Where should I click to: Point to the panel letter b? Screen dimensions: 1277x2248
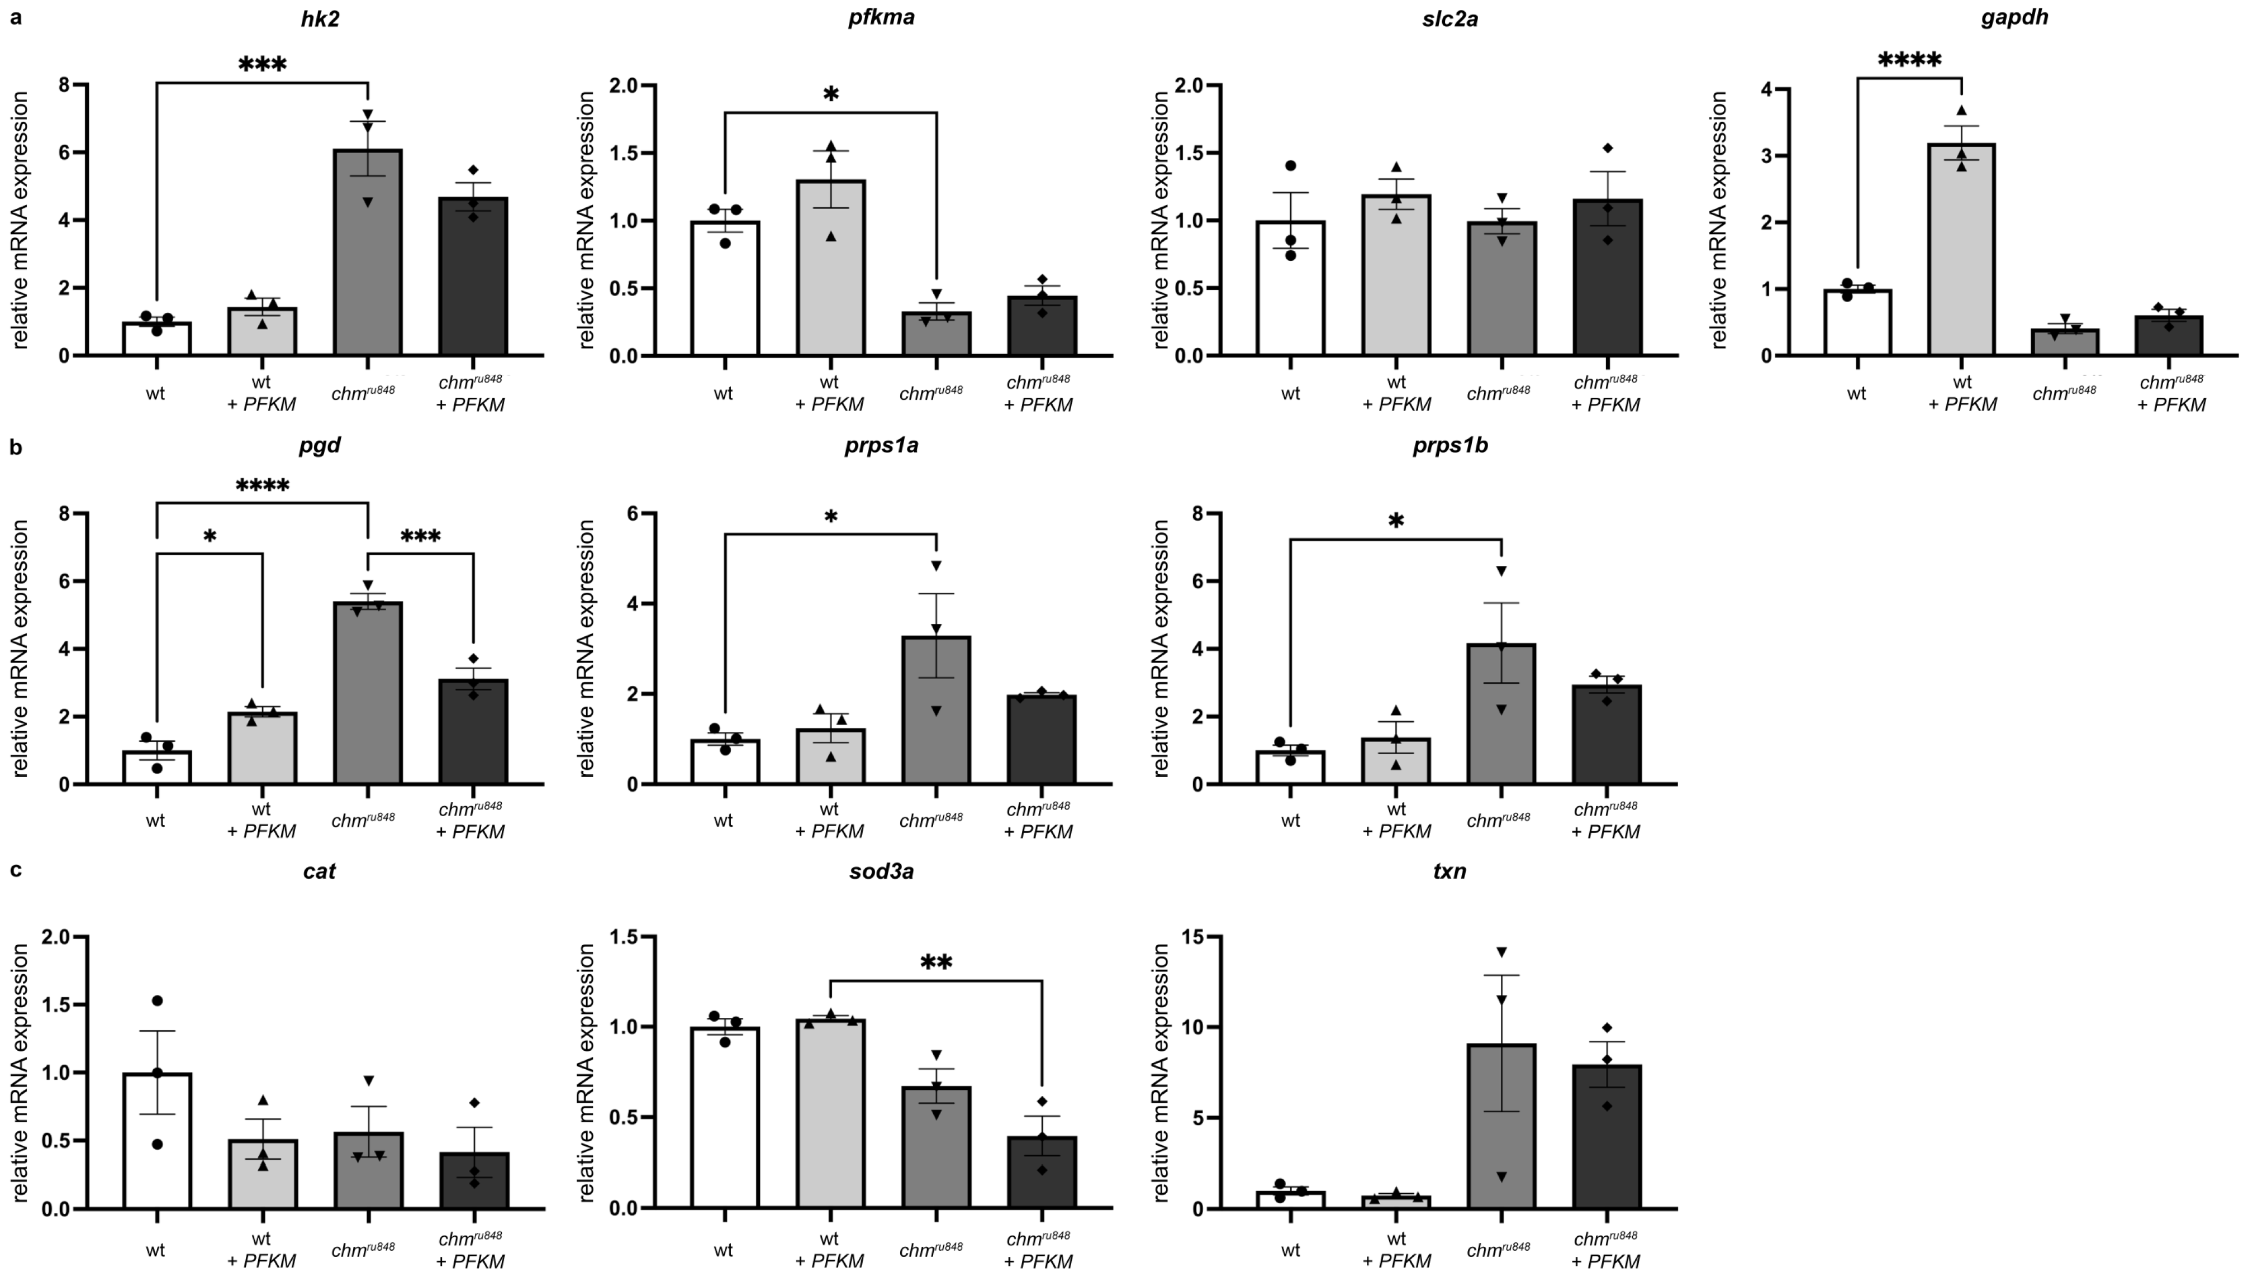pyautogui.click(x=15, y=447)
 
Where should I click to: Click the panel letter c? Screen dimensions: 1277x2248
pyautogui.click(x=15, y=871)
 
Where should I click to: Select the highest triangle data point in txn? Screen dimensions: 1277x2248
pyautogui.click(x=1501, y=952)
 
